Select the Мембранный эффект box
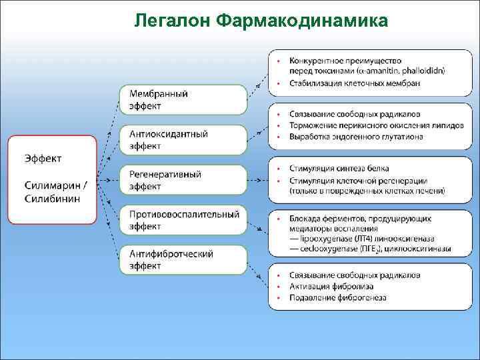[183, 100]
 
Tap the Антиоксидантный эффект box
[183, 140]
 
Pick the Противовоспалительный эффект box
[183, 221]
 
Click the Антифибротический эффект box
[183, 260]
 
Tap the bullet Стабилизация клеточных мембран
[354, 83]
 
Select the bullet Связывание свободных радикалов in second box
[355, 114]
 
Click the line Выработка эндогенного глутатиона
[356, 137]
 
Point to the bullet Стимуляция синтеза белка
[339, 169]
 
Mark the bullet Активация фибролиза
[329, 286]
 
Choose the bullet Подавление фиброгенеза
[337, 297]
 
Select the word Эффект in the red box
[43, 158]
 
